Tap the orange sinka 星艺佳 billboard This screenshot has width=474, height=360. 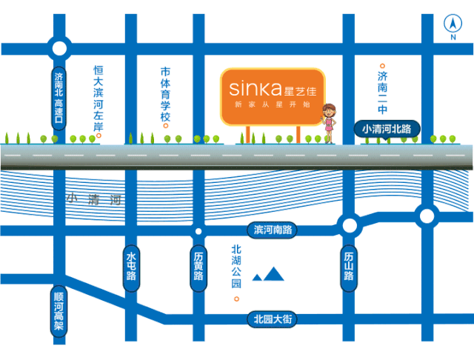tap(273, 96)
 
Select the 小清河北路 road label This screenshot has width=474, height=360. tap(387, 129)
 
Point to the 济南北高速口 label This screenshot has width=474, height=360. tap(59, 97)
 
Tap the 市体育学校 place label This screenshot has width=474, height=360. tap(166, 94)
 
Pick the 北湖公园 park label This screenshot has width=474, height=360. tap(236, 267)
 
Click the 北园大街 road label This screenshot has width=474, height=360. tap(273, 319)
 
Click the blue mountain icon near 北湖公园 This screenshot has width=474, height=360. tap(269, 275)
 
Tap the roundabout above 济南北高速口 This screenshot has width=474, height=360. tap(59, 50)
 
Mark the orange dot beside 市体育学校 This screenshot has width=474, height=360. tap(166, 124)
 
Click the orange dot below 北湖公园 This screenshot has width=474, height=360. tap(236, 299)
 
